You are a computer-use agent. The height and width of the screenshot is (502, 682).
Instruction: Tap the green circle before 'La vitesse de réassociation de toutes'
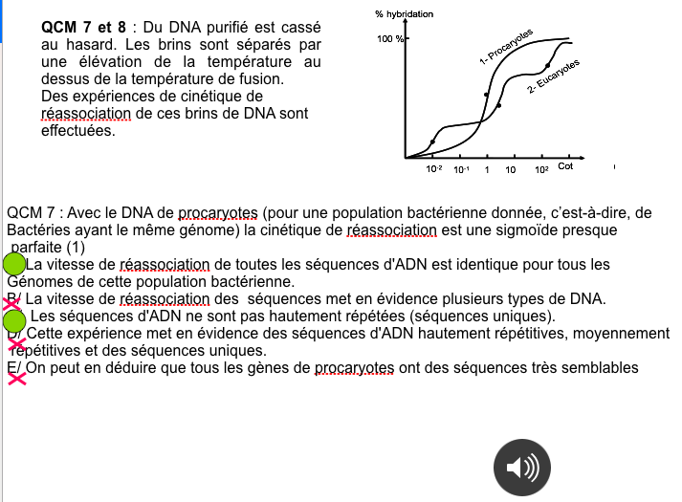coord(14,264)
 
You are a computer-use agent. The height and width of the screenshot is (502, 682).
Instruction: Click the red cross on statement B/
coord(12,303)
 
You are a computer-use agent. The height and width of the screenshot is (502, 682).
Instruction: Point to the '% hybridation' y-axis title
coord(406,15)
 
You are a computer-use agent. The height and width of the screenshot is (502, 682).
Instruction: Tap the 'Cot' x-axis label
coord(565,167)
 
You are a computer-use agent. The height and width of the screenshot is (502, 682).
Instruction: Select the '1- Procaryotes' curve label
coord(506,46)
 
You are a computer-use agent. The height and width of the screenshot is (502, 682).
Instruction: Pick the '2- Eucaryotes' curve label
coord(553,77)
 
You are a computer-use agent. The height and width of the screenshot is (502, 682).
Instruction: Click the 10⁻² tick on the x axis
coord(434,169)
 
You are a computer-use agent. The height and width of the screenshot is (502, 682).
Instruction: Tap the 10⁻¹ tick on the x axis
coord(461,169)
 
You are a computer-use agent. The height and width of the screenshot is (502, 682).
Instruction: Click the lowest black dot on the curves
coord(432,142)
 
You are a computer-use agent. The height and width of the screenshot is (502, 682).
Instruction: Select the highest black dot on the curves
coord(548,66)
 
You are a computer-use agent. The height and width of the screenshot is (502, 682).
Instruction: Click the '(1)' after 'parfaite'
coord(76,248)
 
